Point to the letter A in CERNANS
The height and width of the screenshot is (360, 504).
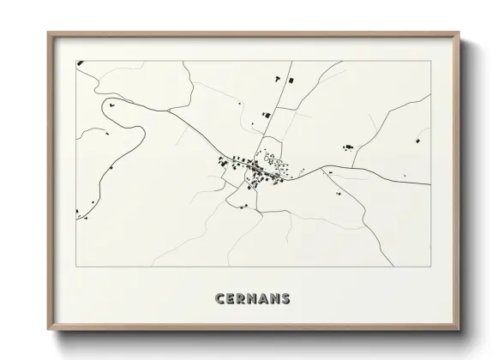(263, 299)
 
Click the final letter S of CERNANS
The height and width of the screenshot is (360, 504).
(285, 299)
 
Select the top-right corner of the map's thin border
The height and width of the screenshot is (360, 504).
(429, 61)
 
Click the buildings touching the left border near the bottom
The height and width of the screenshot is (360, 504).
(77, 211)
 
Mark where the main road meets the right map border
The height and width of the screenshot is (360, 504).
(429, 184)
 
